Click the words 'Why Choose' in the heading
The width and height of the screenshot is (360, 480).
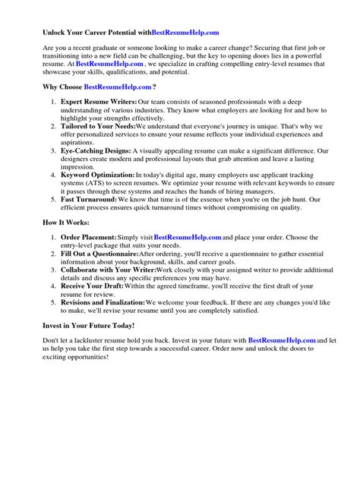tap(62, 87)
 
